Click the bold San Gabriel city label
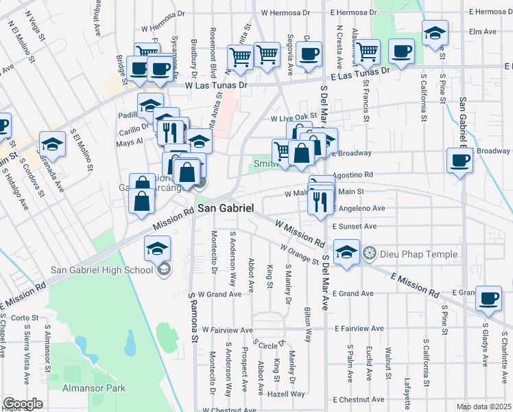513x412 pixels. (x=226, y=208)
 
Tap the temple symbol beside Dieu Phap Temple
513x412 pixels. (x=370, y=254)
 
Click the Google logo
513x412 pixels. (x=23, y=404)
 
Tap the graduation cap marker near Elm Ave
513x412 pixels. (x=435, y=33)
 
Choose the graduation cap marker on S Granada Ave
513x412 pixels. (x=52, y=144)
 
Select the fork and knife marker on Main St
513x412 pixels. (x=320, y=201)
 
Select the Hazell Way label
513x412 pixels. (x=287, y=394)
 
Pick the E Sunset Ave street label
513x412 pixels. (x=355, y=226)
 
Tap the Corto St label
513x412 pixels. (x=24, y=318)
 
